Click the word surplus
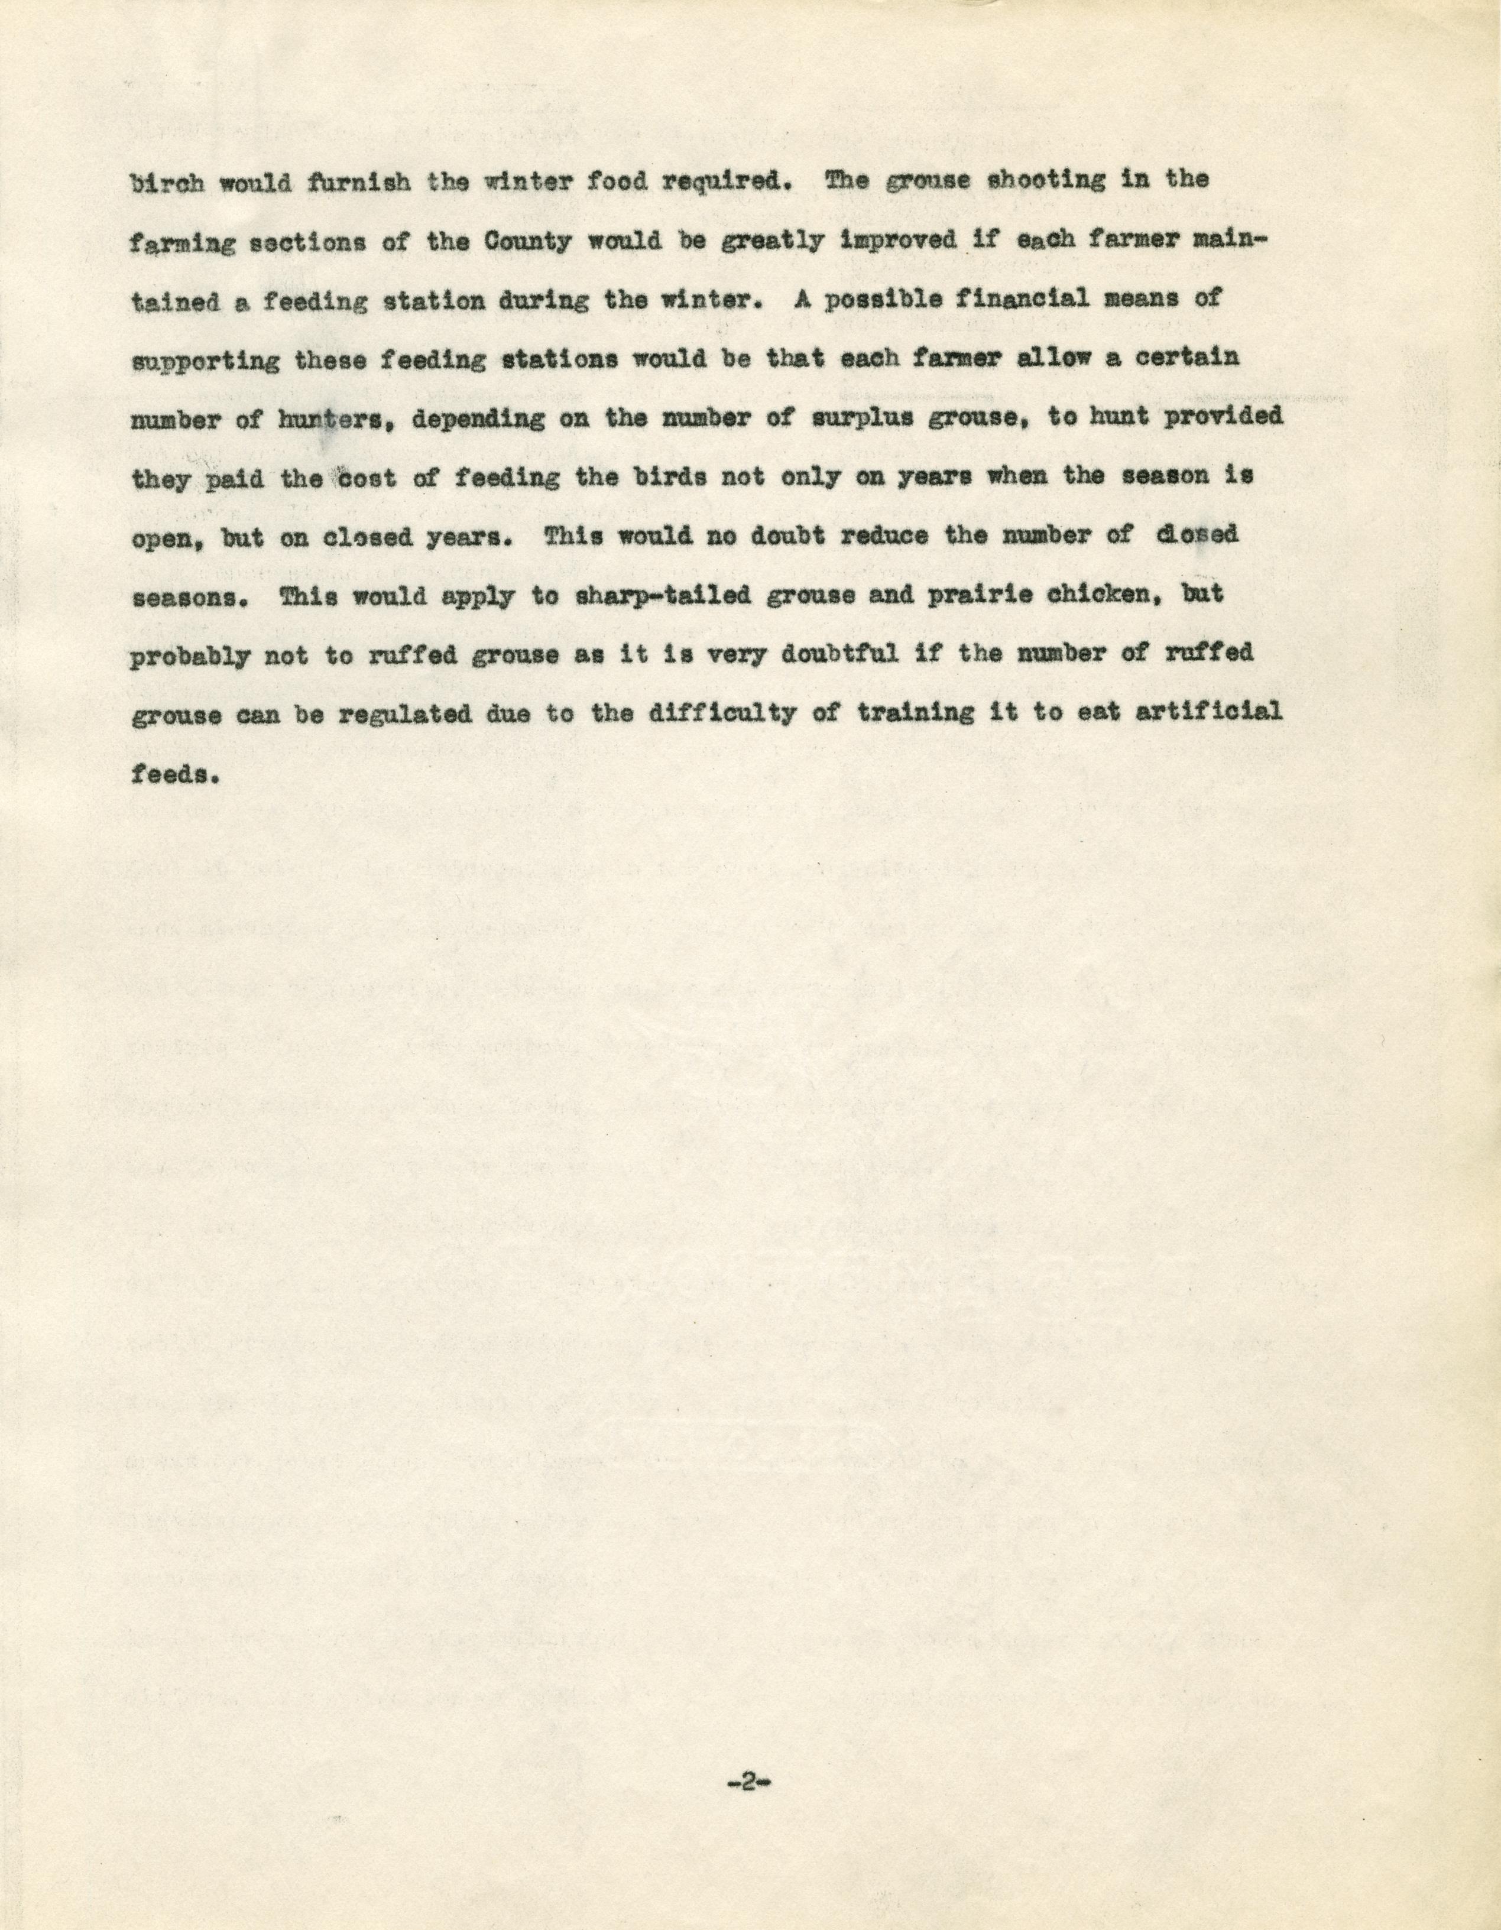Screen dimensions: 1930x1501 [861, 418]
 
